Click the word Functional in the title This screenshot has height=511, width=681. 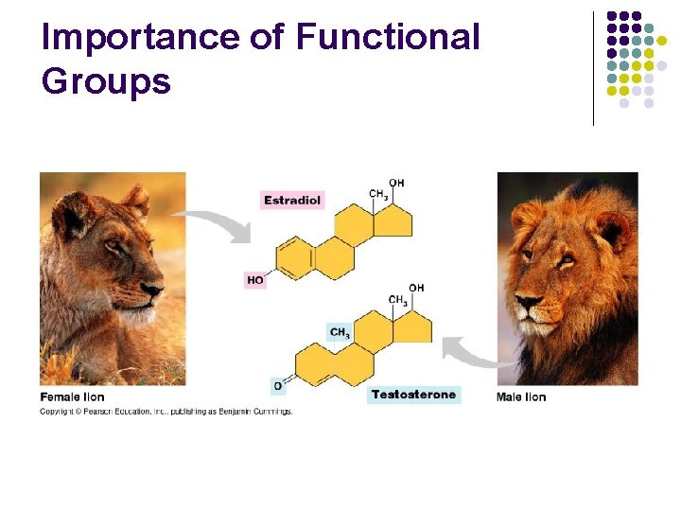click(388, 37)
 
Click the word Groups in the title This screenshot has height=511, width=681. click(106, 81)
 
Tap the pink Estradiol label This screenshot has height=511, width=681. click(292, 200)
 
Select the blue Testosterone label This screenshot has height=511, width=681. click(413, 395)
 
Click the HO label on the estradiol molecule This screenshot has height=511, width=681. click(255, 280)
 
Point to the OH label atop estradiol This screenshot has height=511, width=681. click(396, 183)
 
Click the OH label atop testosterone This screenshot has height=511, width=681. click(416, 288)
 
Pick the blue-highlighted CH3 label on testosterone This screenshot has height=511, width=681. click(340, 332)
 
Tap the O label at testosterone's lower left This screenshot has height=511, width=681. click(278, 386)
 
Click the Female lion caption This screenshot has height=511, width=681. click(72, 396)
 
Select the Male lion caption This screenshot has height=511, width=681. click(521, 396)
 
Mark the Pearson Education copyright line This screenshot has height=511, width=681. click(166, 412)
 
